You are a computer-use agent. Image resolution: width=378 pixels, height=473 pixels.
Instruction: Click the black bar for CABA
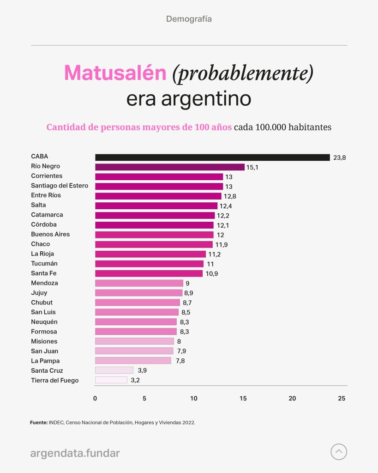coord(212,158)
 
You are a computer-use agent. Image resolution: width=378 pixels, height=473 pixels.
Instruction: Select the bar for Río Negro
coord(169,167)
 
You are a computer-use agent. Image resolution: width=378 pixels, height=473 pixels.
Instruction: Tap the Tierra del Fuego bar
coord(111,380)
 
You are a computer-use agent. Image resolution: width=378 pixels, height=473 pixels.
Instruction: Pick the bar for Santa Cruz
coord(114,370)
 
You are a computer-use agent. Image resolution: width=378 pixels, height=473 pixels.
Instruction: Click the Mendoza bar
coord(139,283)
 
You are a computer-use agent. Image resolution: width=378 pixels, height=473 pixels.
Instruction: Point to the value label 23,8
coord(340,158)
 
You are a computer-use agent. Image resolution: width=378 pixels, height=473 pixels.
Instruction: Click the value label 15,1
coord(252,167)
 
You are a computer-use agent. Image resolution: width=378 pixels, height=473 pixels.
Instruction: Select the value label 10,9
coord(212,273)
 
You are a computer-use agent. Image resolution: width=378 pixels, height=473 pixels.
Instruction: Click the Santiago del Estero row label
coord(60,186)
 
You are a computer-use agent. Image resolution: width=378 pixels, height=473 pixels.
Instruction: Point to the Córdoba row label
coord(44,224)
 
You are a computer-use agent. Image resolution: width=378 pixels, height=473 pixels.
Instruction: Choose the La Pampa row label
coord(45,361)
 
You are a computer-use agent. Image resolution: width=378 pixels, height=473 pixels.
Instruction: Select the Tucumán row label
coord(44,263)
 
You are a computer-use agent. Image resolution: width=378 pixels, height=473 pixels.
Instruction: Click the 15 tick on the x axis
coord(243,398)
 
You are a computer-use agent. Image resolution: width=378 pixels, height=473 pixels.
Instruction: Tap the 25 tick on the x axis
coord(342,398)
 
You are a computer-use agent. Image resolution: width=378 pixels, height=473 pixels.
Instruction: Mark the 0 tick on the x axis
coord(95,398)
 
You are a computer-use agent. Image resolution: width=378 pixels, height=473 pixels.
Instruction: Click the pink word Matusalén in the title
coord(115,73)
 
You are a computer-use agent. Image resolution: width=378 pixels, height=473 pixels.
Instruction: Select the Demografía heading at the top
coord(189,19)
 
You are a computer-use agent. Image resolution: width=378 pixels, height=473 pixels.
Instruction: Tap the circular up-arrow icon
coord(339,452)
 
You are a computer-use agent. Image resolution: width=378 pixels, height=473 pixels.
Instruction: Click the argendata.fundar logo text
coord(75,453)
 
